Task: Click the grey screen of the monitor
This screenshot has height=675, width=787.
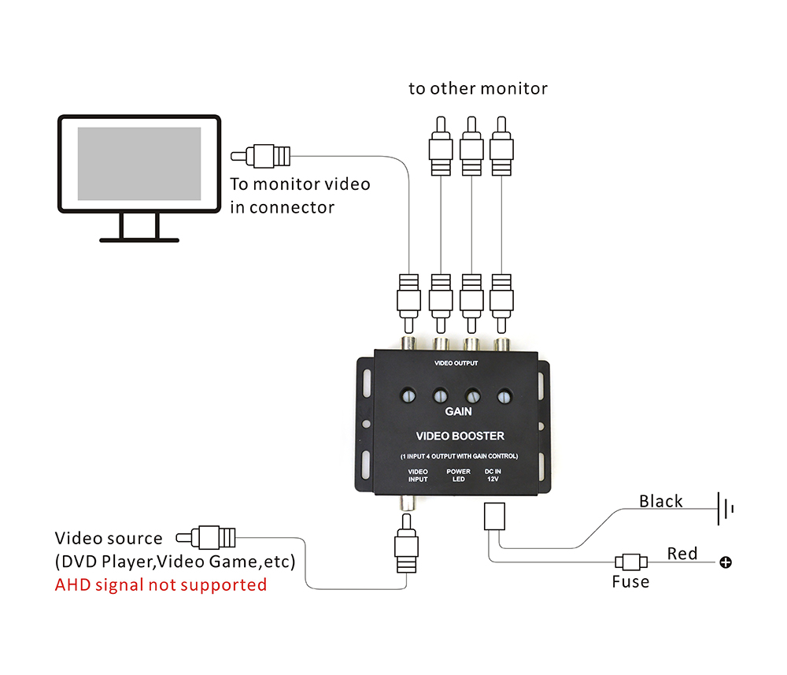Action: pos(139,164)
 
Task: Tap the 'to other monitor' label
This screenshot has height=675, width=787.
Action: pos(478,88)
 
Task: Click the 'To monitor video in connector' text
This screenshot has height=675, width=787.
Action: pos(299,195)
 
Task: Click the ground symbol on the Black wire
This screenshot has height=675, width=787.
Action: pos(725,508)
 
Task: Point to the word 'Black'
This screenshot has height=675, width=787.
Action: pos(660,501)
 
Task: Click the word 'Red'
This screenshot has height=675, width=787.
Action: pos(682,553)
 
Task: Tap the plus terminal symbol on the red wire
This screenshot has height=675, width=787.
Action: pos(726,562)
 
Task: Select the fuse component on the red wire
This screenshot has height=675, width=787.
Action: pos(631,562)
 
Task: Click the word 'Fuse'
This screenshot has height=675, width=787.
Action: pos(630,582)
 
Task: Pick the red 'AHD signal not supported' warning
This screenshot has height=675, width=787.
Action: pos(161,584)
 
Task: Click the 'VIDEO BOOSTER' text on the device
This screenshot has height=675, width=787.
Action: pos(460,436)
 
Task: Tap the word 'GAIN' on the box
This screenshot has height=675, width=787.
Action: pos(458,411)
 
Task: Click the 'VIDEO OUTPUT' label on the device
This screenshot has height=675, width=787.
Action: pos(456,363)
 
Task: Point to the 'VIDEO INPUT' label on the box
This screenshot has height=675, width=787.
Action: pos(418,475)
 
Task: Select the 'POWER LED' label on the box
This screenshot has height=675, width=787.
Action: pos(458,475)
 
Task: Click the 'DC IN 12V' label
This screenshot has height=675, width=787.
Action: pos(493,475)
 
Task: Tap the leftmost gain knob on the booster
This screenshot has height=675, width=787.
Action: pos(409,396)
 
